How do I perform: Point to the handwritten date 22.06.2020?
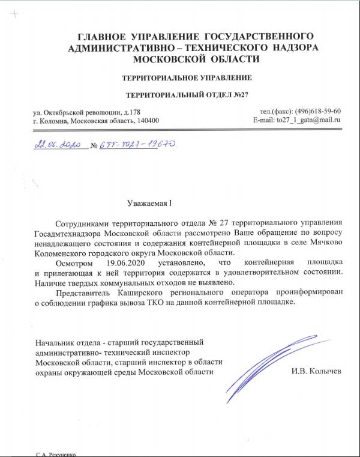(x=58, y=145)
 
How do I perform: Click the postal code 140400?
(x=146, y=121)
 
